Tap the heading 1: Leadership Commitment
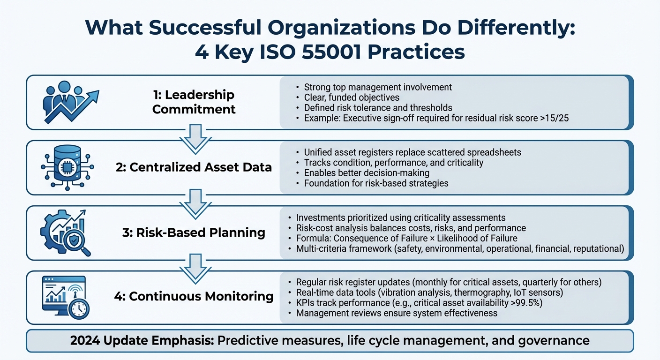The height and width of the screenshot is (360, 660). pyautogui.click(x=194, y=102)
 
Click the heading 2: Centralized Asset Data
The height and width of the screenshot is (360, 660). pyautogui.click(x=194, y=167)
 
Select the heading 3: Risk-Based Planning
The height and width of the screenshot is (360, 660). pyautogui.click(x=194, y=232)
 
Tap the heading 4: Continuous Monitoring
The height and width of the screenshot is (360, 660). pyautogui.click(x=194, y=297)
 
